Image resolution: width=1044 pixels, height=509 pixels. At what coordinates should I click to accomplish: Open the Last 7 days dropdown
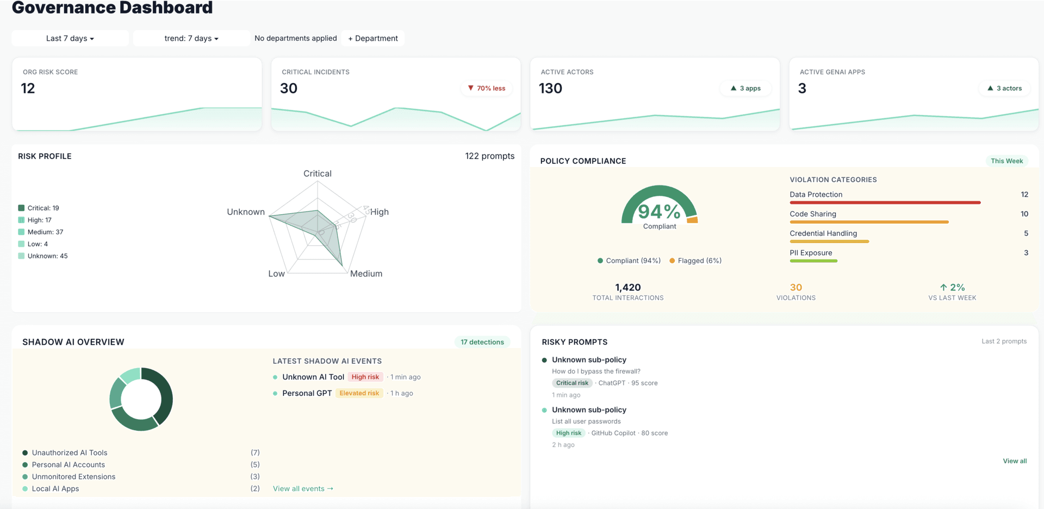(70, 38)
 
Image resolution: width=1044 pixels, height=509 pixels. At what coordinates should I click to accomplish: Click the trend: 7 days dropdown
(191, 38)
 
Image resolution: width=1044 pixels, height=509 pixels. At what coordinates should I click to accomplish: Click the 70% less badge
(487, 88)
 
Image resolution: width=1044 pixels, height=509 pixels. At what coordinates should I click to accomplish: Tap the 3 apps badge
(745, 88)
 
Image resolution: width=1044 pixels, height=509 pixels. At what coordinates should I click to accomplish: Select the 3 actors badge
(1004, 88)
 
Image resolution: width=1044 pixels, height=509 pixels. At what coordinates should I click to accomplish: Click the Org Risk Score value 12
(28, 89)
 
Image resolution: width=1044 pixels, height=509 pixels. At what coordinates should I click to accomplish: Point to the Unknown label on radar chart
(246, 212)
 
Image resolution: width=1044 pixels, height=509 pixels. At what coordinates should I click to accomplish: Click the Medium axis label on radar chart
(366, 274)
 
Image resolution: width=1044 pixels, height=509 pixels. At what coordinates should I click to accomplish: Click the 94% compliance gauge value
(659, 211)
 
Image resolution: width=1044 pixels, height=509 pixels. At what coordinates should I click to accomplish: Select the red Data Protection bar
(885, 202)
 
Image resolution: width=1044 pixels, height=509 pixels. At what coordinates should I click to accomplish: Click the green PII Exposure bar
(813, 261)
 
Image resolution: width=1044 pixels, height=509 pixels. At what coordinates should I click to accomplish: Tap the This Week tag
(1006, 161)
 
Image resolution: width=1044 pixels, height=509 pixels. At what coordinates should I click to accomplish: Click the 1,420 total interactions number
(627, 287)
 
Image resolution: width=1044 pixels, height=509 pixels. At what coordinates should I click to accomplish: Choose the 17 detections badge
(482, 342)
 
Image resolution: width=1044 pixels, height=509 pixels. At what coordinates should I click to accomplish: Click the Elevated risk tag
(359, 393)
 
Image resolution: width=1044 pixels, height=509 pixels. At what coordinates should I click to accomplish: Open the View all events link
(303, 488)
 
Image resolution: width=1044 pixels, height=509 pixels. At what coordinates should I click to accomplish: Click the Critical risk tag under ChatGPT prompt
(572, 383)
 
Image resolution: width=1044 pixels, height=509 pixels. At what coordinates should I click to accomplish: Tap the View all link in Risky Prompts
(1015, 461)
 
